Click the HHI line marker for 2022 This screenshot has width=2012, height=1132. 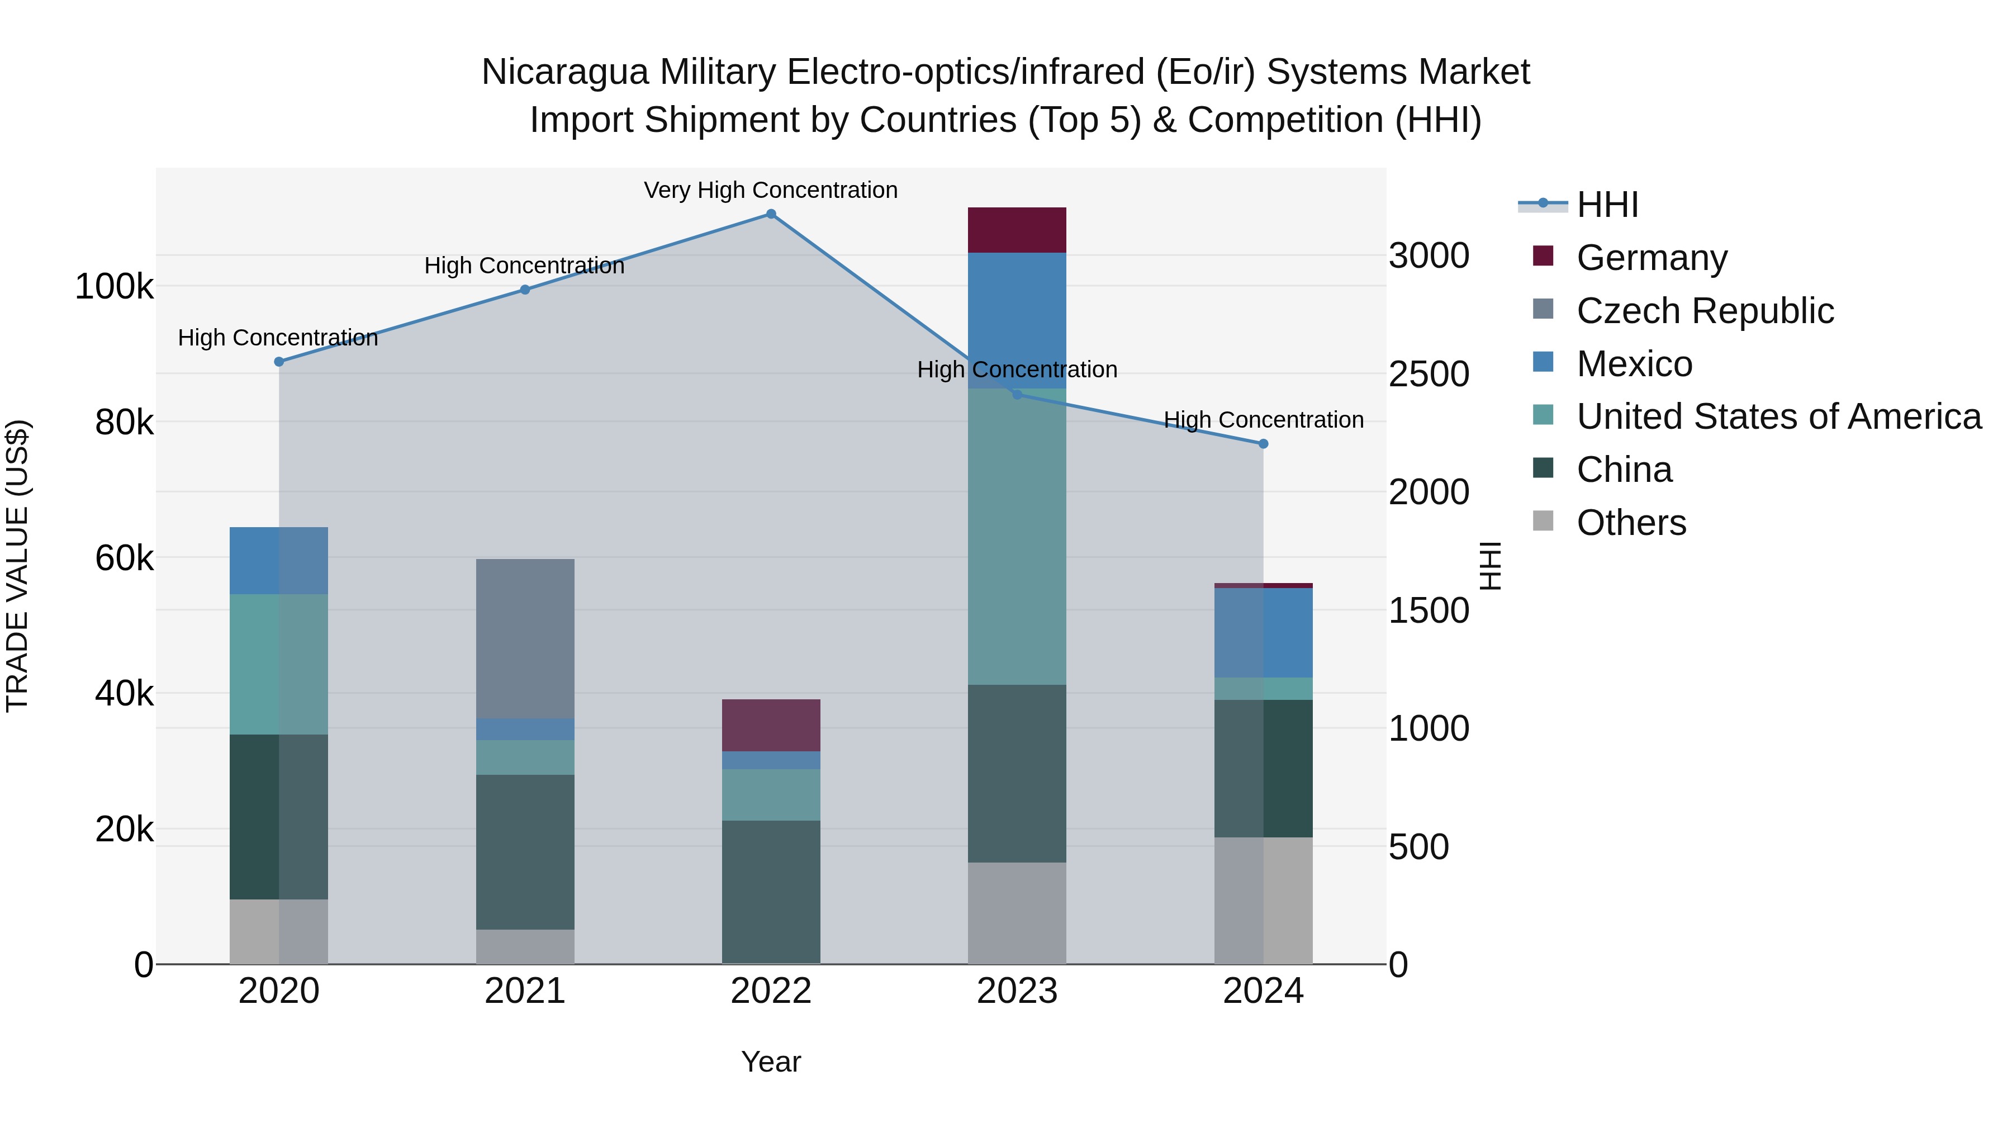click(x=771, y=214)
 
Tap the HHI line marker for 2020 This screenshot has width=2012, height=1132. click(x=279, y=362)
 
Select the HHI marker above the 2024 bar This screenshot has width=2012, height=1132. click(x=1263, y=444)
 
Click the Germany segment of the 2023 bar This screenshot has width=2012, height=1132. click(x=1017, y=230)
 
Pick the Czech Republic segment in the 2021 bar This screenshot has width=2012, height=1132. click(x=525, y=638)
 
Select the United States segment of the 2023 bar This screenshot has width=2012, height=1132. click(x=1017, y=537)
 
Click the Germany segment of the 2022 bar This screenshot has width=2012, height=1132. click(x=771, y=725)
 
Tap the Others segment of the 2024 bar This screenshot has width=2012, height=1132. click(x=1263, y=900)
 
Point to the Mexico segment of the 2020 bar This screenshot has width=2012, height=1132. click(x=279, y=560)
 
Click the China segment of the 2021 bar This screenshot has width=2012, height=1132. click(x=525, y=851)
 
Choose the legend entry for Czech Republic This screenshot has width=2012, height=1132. click(x=1704, y=311)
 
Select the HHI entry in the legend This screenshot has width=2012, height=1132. click(x=1607, y=205)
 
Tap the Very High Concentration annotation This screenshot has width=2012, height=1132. click(x=771, y=190)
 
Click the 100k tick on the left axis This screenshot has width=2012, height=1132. click(x=114, y=287)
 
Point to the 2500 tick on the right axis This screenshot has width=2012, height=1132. click(x=1429, y=374)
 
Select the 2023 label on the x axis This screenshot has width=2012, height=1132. click(x=1017, y=991)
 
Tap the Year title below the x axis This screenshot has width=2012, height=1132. click(x=771, y=1062)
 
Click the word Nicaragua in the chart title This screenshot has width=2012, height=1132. click(x=564, y=72)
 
